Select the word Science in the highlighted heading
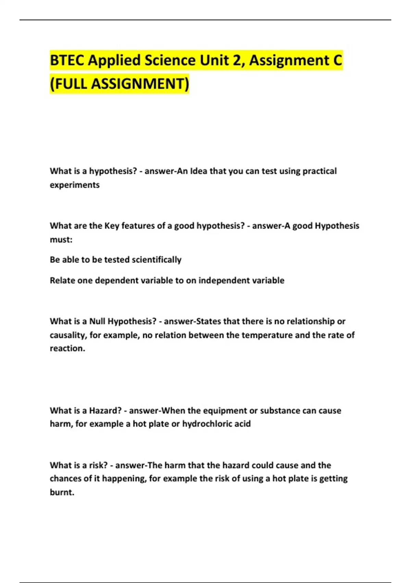[170, 60]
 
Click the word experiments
[75, 185]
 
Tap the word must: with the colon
[61, 239]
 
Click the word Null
[97, 321]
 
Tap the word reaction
[67, 348]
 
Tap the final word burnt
[62, 492]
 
